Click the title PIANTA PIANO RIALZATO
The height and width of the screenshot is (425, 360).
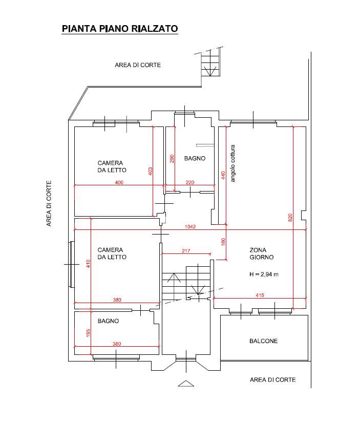pos(120,29)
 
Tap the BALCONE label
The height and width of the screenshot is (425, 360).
pos(264,341)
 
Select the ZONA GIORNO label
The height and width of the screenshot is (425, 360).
pos(262,253)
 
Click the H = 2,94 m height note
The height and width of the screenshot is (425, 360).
pos(264,274)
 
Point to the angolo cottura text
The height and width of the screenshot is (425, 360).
pos(232,163)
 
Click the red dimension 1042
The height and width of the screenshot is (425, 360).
pos(190,227)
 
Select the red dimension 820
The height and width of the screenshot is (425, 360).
pos(290,218)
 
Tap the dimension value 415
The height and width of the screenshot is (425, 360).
pos(260,295)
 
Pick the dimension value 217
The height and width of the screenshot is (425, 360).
pos(186,251)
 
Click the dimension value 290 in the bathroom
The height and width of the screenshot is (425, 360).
pos(172,159)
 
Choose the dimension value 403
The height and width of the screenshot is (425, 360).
pos(151,172)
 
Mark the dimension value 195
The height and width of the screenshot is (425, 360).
pos(88,333)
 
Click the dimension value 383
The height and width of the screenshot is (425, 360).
pos(117,300)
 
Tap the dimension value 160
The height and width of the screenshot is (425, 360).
pos(223,242)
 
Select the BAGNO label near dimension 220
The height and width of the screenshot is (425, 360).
pos(195,158)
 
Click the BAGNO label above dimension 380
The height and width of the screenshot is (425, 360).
pos(108,321)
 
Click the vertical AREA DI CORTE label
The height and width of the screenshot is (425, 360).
pos(49,204)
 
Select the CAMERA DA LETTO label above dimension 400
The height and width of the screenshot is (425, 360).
pos(112,166)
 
